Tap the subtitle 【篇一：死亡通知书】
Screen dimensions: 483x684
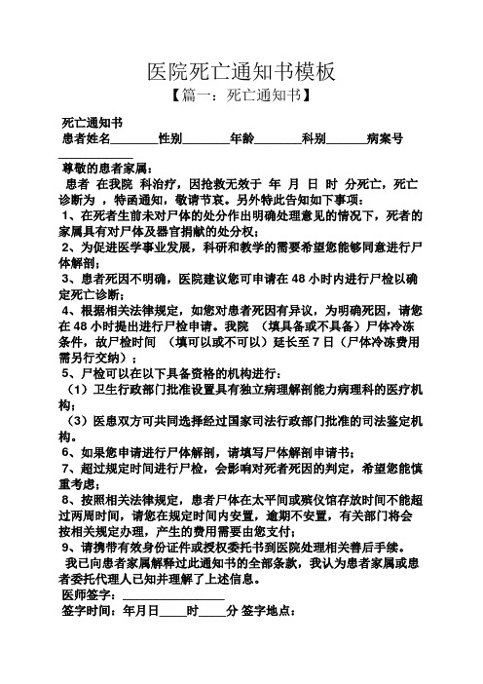point(241,96)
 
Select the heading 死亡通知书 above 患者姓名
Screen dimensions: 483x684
point(91,124)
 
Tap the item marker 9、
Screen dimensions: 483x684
point(68,547)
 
